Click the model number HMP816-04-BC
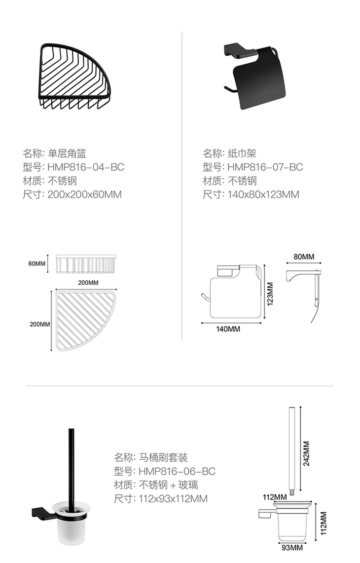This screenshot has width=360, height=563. pos(86,167)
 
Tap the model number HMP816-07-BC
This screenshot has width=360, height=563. pos(265,167)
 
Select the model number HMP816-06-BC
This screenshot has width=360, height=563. pos(177,471)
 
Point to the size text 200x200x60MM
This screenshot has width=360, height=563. pos(85,194)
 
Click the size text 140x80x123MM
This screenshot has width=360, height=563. pos(263,194)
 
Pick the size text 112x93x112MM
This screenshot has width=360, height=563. pos(173,499)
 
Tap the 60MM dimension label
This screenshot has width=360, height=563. pos(37,264)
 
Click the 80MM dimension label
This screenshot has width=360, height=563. pos(304,257)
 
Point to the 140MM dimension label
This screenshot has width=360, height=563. pos(228,329)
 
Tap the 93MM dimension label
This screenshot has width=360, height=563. pos(292,547)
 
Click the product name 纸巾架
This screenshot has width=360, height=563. pos(242,153)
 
